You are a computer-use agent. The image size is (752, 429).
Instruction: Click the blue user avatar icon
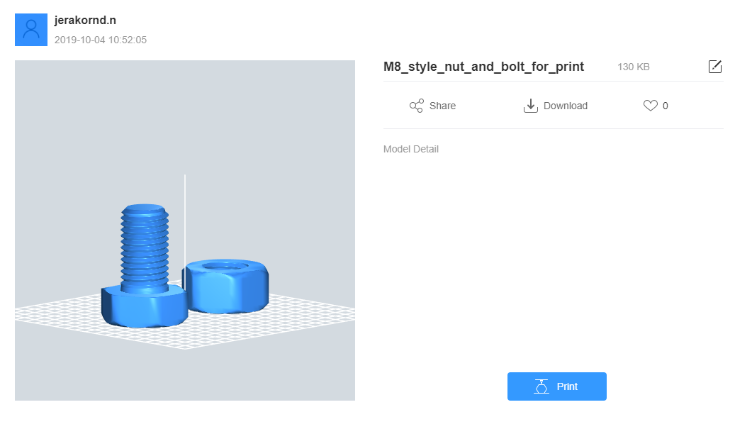click(x=31, y=30)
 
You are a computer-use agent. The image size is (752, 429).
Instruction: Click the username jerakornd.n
click(x=85, y=20)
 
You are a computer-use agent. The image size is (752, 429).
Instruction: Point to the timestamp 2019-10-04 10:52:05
click(x=100, y=40)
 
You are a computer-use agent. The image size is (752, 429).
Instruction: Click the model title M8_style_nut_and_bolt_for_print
click(x=483, y=67)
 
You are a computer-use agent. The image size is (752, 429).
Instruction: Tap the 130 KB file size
click(x=633, y=67)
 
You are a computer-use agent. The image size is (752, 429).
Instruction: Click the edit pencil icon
click(x=714, y=66)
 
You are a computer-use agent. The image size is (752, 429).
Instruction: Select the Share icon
click(x=416, y=106)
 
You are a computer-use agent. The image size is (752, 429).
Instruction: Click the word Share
click(x=442, y=106)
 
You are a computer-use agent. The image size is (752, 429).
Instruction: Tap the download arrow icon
click(x=530, y=106)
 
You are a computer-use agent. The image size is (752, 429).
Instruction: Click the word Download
click(x=565, y=106)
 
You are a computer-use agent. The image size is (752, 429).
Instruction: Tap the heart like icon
click(x=651, y=106)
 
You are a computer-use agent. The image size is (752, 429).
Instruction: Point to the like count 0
click(x=666, y=106)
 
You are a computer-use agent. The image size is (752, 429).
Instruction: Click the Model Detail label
click(x=410, y=149)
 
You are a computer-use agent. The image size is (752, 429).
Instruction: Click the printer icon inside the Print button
click(x=541, y=386)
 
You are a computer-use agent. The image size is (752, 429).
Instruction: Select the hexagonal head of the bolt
click(x=144, y=307)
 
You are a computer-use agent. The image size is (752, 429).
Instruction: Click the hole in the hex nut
click(x=225, y=266)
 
